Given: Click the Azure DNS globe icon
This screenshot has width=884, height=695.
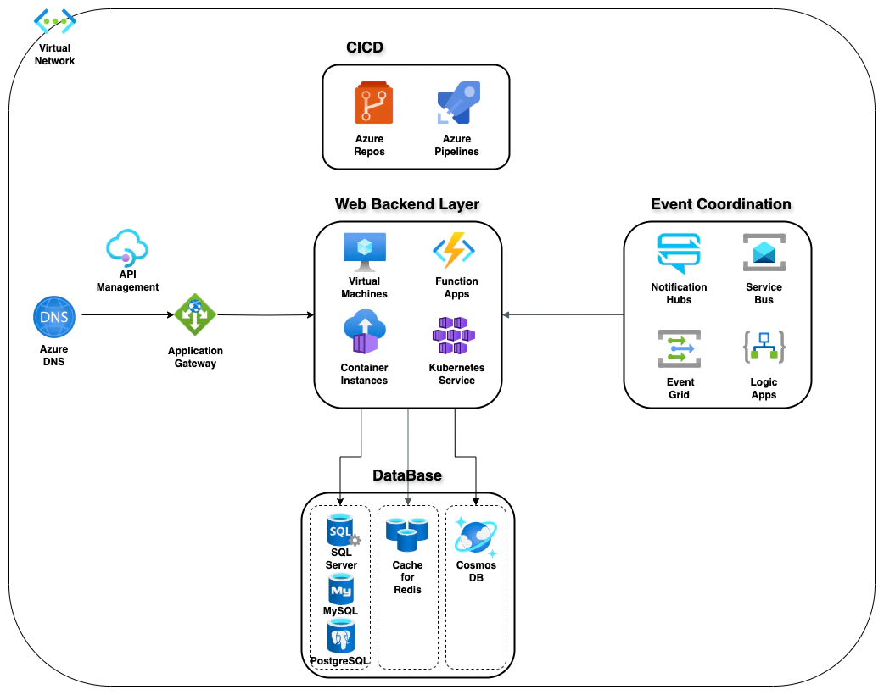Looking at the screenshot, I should pos(54,318).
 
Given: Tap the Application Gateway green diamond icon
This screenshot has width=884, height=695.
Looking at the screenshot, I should pos(195,315).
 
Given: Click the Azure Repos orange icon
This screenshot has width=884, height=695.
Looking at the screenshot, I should pos(370,104).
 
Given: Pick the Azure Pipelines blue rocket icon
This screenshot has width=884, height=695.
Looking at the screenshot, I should pos(458,104).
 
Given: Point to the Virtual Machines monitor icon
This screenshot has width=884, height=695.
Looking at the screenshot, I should pos(364,250).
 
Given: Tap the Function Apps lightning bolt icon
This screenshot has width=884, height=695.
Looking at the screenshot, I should pos(454,251).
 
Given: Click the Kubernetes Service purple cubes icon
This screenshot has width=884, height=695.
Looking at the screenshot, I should pos(454,336).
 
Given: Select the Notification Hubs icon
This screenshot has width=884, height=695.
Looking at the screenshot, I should pos(679,253).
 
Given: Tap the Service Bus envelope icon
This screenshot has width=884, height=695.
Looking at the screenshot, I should pos(764,253).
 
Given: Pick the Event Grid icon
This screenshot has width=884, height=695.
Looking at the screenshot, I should pos(679,348).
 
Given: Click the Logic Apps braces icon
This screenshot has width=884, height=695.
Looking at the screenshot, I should pos(764,347).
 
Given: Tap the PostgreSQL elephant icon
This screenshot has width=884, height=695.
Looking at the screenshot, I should pos(341,635).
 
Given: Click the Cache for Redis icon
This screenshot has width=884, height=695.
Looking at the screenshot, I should pos(407,534).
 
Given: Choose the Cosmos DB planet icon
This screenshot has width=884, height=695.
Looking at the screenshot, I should pos(476,536).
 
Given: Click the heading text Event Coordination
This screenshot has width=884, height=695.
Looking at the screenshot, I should pos(720,204).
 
